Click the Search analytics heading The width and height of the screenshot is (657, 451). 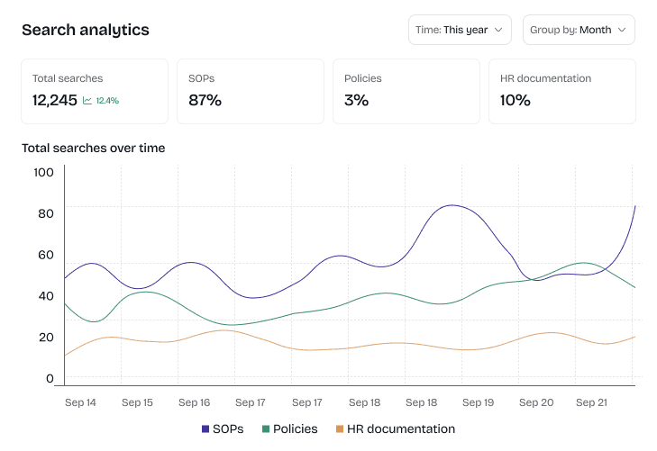click(86, 30)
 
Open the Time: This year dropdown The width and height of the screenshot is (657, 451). click(460, 30)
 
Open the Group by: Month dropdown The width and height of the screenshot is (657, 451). click(579, 30)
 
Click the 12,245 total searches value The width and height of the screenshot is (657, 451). click(55, 100)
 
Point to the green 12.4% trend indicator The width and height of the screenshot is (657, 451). click(101, 101)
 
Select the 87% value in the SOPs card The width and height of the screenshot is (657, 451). click(205, 100)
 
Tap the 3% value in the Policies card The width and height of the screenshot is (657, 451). click(356, 100)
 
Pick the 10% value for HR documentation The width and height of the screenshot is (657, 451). click(515, 100)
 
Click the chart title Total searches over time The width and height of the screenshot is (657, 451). click(93, 148)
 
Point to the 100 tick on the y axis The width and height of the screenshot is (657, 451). click(43, 171)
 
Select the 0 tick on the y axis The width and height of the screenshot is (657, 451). click(50, 379)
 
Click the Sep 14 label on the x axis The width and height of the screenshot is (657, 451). click(80, 402)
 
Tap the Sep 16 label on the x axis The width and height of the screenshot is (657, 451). click(194, 402)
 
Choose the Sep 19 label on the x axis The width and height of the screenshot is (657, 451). click(478, 402)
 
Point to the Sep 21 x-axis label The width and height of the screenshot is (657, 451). click(591, 402)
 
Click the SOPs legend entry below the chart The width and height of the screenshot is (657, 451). click(223, 429)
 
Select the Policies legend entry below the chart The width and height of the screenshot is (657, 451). click(289, 429)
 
